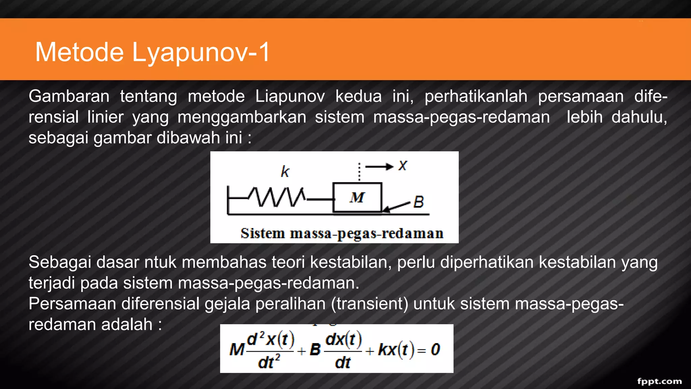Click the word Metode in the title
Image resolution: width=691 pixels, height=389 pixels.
pos(80,52)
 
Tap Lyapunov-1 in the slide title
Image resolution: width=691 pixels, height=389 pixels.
pos(201,52)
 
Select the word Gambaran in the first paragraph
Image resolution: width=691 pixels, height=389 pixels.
pos(69,97)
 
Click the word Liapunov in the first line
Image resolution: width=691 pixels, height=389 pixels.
pos(290,97)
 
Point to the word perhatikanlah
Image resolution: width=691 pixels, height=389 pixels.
pos(476,97)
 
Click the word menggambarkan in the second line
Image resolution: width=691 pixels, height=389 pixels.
pos(242,118)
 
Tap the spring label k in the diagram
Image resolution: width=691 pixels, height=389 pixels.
pos(285,172)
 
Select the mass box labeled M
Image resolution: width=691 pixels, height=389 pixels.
pos(357,198)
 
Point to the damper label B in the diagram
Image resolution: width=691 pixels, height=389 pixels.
pos(419,202)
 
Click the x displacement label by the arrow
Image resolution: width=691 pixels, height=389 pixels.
pos(403,166)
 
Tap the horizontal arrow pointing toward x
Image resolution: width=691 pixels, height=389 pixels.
pos(379,166)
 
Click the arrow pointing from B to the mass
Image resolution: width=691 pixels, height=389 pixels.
pos(397,207)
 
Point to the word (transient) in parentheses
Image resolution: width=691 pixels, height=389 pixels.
pos(369,304)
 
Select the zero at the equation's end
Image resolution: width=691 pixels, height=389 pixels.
pos(435,350)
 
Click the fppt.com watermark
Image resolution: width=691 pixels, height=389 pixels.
pos(659,381)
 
